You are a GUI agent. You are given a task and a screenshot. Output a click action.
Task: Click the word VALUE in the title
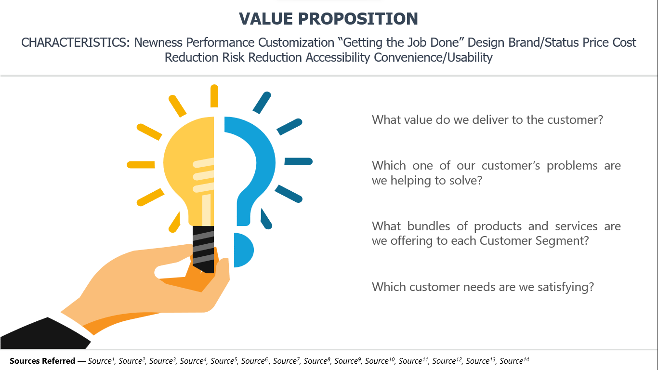point(266,19)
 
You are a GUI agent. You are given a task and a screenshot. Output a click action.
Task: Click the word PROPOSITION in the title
point(358,19)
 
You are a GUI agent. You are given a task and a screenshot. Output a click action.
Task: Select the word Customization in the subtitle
point(296,42)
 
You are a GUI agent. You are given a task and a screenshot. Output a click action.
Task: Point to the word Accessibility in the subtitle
point(338,58)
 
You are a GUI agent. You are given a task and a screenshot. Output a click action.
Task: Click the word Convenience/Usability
point(433,58)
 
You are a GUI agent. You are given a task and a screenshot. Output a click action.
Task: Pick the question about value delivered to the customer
point(487,120)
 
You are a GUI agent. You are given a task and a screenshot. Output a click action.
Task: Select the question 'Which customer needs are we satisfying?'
point(483,287)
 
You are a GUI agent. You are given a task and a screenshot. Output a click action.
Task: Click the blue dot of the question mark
point(244,250)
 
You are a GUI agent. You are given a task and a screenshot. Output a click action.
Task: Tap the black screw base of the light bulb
point(203,249)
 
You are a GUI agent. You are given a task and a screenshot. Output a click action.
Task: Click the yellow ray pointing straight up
point(214,96)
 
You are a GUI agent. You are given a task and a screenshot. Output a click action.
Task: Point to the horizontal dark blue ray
point(298,161)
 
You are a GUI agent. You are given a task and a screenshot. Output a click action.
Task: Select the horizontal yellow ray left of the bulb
point(141,165)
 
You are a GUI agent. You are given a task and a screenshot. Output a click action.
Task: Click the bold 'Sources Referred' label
point(42,361)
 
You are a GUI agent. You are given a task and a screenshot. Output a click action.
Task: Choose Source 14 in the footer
point(514,360)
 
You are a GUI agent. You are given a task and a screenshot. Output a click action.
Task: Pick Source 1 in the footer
point(101,360)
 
